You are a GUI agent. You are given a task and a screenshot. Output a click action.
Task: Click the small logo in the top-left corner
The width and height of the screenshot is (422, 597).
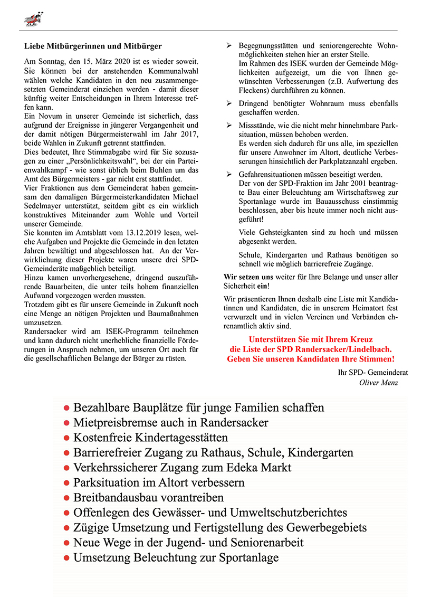tap(33, 20)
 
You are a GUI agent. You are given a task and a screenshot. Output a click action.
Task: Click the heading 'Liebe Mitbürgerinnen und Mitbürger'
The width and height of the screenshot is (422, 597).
tap(93, 46)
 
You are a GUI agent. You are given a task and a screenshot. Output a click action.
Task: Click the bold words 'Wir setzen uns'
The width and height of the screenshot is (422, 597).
tap(249, 277)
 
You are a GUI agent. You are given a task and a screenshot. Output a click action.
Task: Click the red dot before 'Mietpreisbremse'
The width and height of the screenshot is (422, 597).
tap(66, 423)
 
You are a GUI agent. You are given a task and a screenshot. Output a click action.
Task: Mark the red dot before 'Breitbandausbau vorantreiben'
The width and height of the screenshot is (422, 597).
tap(66, 498)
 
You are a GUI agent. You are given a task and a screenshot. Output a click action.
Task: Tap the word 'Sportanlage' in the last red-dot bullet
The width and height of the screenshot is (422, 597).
tap(248, 558)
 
